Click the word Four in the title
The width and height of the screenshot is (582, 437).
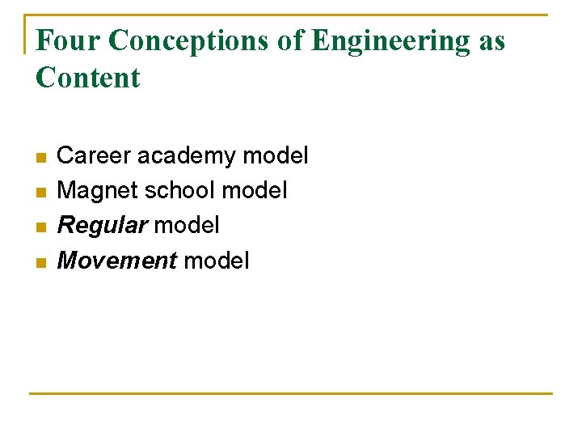pos(67,40)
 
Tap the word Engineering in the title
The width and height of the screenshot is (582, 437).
pos(390,40)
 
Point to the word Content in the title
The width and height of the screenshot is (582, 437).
pos(88,78)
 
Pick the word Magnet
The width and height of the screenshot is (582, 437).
pos(97,190)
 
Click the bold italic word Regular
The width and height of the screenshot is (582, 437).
pos(103,226)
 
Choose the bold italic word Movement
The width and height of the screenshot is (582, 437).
pos(117,261)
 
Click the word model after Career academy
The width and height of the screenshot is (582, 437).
pos(276,155)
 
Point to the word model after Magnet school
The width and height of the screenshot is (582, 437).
pos(255,190)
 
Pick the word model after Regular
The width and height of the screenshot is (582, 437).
pos(187,226)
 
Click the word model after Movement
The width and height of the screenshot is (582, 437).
pos(217,261)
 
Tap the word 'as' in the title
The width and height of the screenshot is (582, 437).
pos(491,40)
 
